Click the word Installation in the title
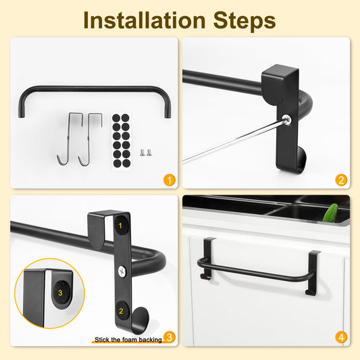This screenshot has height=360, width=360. [x=145, y=20]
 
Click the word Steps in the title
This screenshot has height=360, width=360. [x=245, y=21]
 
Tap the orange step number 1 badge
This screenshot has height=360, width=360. [x=170, y=180]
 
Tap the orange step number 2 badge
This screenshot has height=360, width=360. [x=341, y=180]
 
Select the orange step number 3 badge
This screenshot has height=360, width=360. [x=170, y=337]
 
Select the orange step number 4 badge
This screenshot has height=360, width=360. [x=341, y=337]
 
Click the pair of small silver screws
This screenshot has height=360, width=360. [x=146, y=152]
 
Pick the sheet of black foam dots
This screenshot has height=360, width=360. [x=121, y=140]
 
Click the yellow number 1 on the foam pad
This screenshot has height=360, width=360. [x=120, y=226]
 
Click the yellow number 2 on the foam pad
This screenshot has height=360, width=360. [x=121, y=311]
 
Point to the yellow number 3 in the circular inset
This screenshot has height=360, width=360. [x=60, y=292]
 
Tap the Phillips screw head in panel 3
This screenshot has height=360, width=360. [x=122, y=271]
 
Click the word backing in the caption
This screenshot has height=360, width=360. [x=151, y=340]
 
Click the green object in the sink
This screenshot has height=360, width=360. [x=330, y=213]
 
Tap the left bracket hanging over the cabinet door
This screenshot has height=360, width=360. [x=207, y=258]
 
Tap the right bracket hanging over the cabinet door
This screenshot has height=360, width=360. [x=313, y=272]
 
